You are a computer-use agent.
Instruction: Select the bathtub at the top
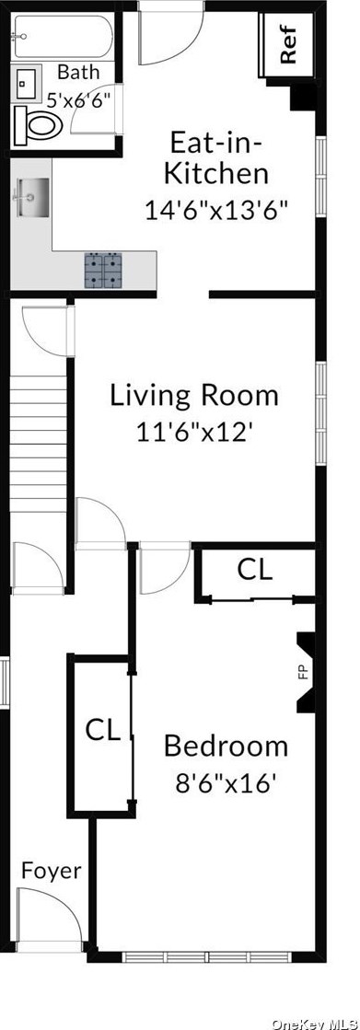click(62, 37)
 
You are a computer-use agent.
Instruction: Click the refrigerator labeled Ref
click(287, 46)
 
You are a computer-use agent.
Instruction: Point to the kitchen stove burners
click(104, 270)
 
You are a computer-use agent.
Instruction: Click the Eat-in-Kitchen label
click(218, 157)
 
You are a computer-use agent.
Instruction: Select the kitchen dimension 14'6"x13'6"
click(217, 209)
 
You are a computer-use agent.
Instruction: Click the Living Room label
click(194, 396)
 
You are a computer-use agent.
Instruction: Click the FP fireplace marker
click(303, 672)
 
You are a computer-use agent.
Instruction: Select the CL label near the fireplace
click(255, 570)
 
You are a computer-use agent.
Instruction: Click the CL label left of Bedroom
click(103, 731)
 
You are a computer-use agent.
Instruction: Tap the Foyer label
click(51, 870)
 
